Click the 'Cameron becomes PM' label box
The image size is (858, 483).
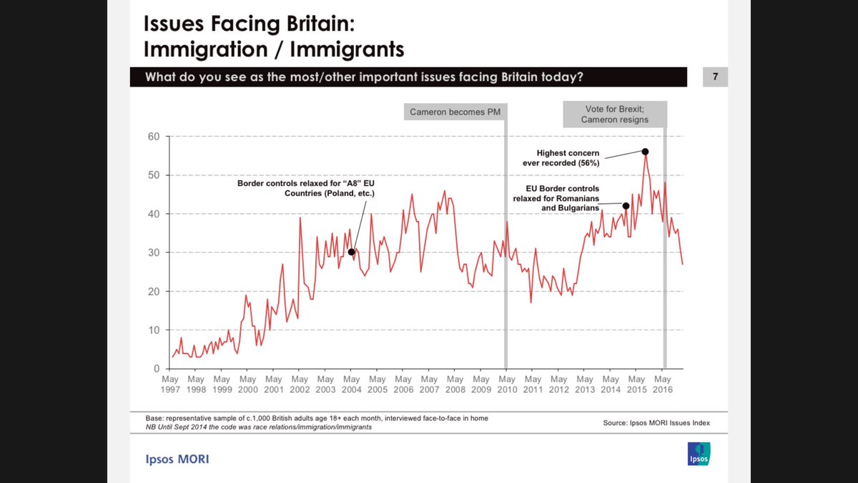455,112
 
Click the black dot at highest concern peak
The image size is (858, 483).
645,152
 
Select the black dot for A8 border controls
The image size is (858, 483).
351,252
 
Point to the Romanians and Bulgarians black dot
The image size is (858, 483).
626,206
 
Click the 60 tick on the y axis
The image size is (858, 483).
154,137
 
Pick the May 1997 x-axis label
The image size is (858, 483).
170,384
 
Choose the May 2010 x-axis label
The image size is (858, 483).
507,384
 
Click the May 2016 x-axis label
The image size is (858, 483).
663,384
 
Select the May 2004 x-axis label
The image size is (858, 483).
351,384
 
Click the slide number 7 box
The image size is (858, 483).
715,77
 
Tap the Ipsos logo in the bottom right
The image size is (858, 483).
697,453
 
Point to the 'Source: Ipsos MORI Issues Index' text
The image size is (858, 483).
656,424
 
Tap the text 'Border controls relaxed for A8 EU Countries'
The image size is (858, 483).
306,189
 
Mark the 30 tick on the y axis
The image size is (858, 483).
154,253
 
